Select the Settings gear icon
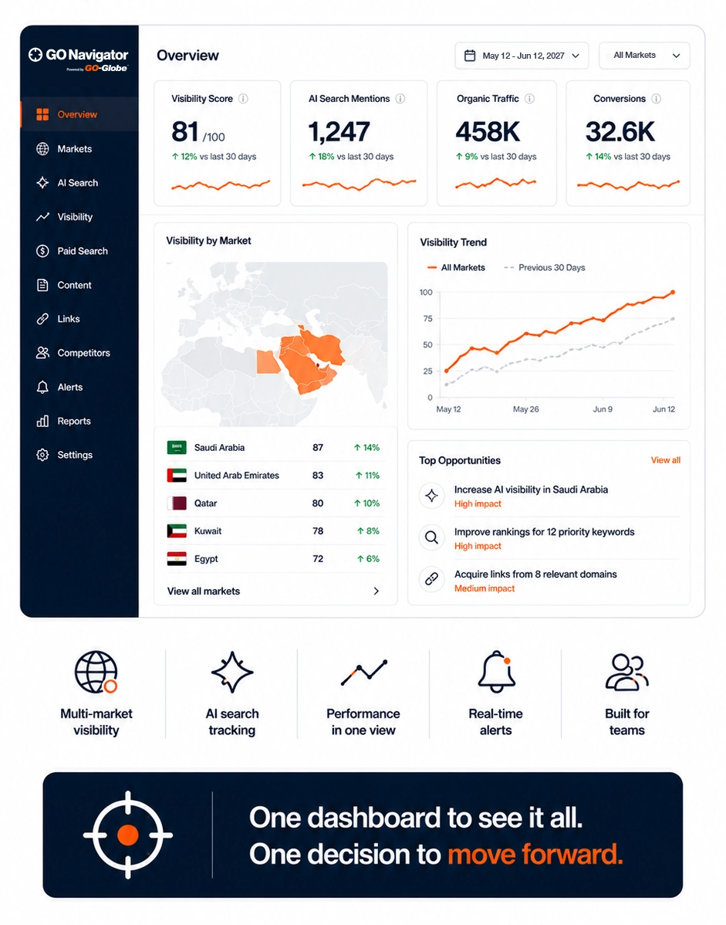(x=42, y=455)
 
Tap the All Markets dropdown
(x=644, y=56)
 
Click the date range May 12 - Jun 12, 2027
(x=523, y=56)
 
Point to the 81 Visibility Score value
(x=185, y=131)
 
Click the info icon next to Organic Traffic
(x=530, y=99)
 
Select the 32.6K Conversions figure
(x=620, y=131)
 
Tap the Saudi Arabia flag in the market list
(x=177, y=447)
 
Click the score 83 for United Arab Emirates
(x=318, y=476)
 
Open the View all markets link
(x=204, y=591)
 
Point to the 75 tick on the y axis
(x=428, y=319)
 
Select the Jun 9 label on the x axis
(x=603, y=408)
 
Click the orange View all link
(x=665, y=460)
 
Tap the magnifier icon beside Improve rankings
(x=431, y=537)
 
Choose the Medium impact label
(x=485, y=588)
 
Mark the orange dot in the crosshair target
(x=128, y=835)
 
